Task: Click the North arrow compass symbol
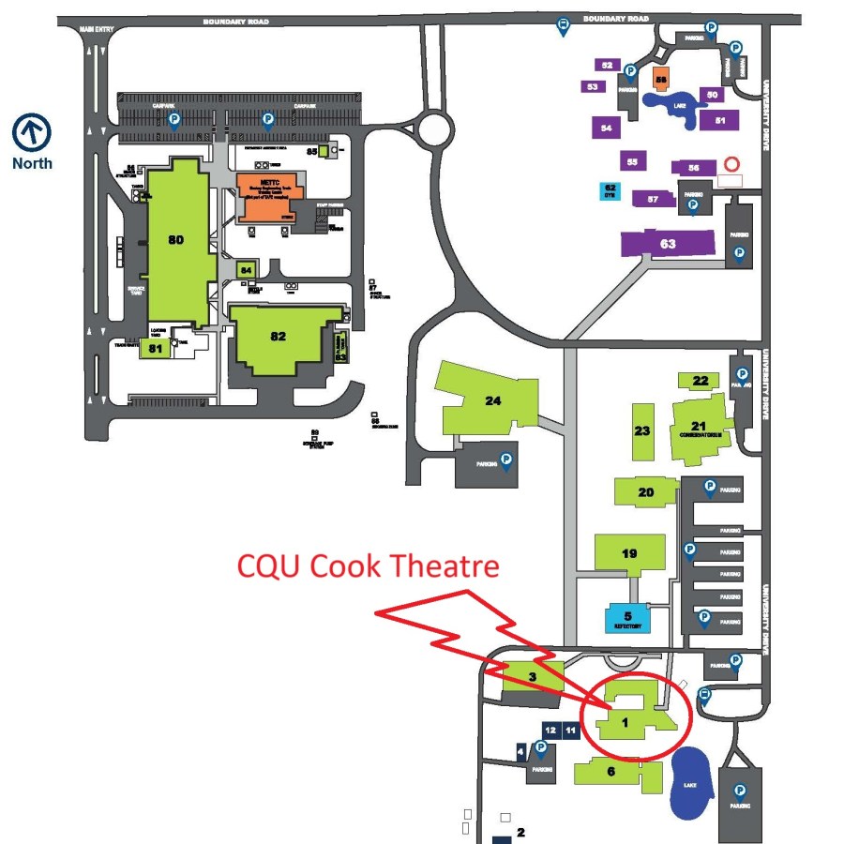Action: tap(32, 132)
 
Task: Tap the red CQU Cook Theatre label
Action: tap(368, 566)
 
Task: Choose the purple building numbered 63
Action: tap(668, 244)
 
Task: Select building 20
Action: tap(644, 492)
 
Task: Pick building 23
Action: tap(642, 431)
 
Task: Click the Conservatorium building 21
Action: tap(700, 428)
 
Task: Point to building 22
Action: tap(700, 381)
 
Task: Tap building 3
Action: tap(533, 677)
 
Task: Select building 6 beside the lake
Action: tap(610, 772)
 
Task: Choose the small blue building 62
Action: tap(610, 191)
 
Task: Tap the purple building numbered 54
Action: tap(607, 127)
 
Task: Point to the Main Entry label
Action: tap(96, 28)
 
